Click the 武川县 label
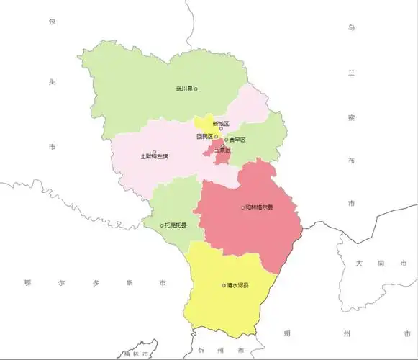(183, 89)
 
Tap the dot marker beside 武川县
(196, 89)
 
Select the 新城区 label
(211, 124)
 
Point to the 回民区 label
(204, 136)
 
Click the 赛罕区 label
(237, 140)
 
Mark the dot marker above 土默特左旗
(155, 150)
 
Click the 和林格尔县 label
(258, 207)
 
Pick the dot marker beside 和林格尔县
(242, 207)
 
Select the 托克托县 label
(176, 225)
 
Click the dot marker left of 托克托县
(162, 225)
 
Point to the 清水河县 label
(237, 286)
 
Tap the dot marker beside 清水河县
(223, 286)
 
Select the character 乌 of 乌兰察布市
(351, 27)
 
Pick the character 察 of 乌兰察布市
(351, 116)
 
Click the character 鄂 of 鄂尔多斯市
(27, 283)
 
